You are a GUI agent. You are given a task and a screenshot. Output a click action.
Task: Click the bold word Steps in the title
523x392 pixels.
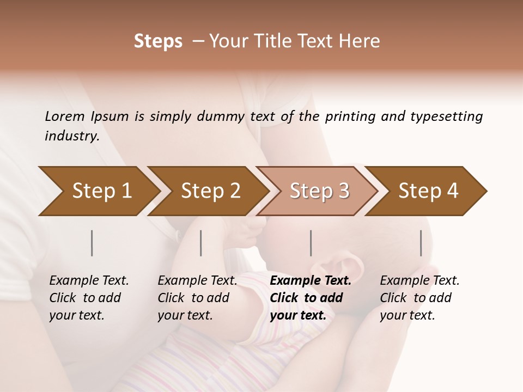[x=158, y=41]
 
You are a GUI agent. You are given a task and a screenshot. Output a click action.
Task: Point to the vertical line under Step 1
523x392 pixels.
[x=92, y=243]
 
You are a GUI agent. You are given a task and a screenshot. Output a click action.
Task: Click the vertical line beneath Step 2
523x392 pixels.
[x=201, y=243]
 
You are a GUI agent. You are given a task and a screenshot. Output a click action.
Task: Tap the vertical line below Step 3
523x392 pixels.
[x=311, y=243]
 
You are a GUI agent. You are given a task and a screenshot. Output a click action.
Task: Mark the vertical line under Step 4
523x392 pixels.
[x=421, y=243]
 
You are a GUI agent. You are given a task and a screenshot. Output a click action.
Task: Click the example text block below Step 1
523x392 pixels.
[x=89, y=298]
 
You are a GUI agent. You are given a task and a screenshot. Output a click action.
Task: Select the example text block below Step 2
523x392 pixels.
[x=197, y=298]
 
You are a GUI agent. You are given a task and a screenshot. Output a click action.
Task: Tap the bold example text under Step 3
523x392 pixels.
[x=311, y=298]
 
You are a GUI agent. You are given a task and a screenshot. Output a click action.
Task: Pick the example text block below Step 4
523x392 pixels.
[x=419, y=298]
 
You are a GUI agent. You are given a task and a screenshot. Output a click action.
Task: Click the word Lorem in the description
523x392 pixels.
[x=64, y=117]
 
